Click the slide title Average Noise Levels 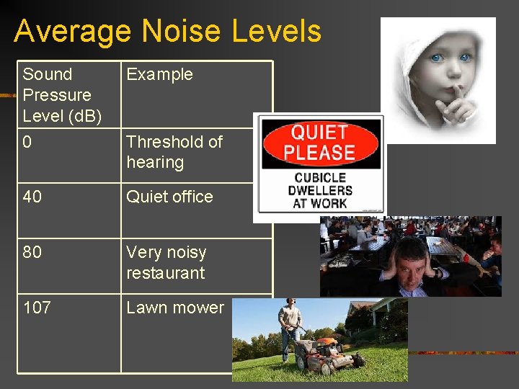click(167, 32)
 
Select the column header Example click(159, 74)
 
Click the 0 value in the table click(27, 143)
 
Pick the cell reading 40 click(32, 197)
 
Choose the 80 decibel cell click(32, 253)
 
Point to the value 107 click(37, 308)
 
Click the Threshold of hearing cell click(174, 152)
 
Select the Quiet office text click(169, 197)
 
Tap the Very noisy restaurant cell click(166, 263)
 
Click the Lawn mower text click(175, 308)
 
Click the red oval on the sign click(320, 143)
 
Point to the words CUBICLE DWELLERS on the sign click(320, 184)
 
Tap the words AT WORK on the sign click(320, 204)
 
